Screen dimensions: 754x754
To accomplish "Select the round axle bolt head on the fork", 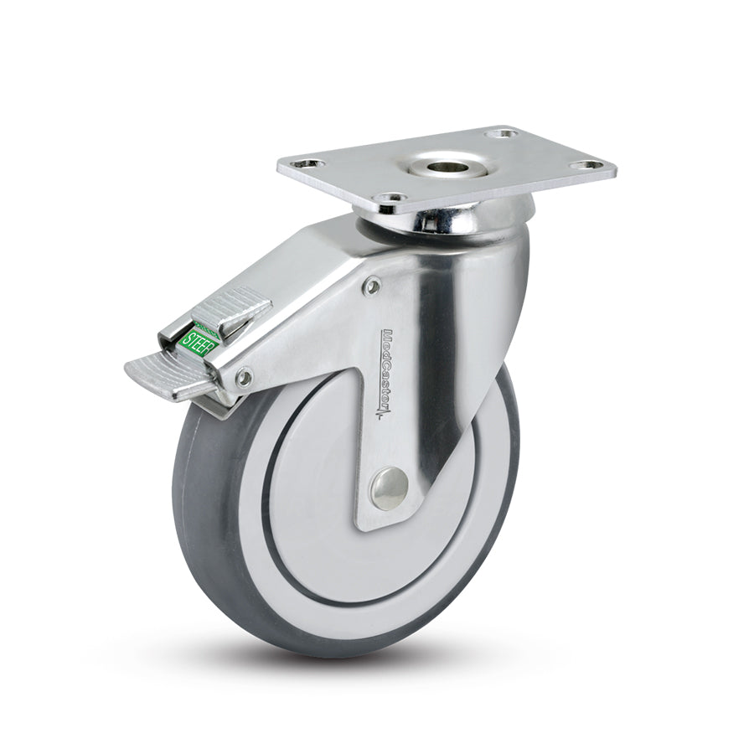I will (x=389, y=488).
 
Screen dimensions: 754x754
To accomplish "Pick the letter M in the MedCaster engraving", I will (x=388, y=334).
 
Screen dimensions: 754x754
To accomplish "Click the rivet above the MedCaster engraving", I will (x=372, y=287).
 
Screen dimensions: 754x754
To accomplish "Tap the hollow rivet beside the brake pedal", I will (x=243, y=379).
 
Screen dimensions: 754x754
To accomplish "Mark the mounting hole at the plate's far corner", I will (x=500, y=133).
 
